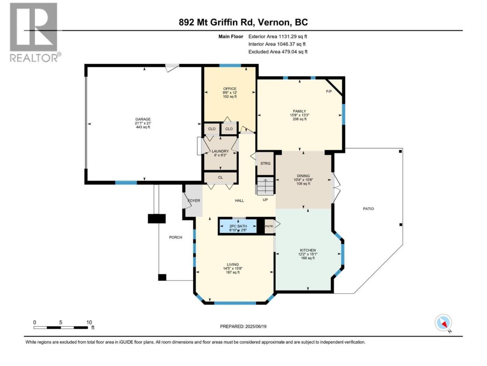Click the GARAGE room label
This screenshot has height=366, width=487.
point(143,119)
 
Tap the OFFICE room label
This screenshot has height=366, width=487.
point(230,89)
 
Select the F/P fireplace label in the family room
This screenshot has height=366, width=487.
point(329,91)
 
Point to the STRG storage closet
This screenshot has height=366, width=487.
point(265,164)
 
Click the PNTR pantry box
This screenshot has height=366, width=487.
point(269,226)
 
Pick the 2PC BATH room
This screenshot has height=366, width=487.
point(238,226)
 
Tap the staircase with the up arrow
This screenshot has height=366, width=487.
point(265,186)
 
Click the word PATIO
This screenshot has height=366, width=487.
point(368,209)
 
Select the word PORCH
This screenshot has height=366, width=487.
point(175,238)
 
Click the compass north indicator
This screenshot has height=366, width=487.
point(443,323)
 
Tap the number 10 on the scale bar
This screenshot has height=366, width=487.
point(89,323)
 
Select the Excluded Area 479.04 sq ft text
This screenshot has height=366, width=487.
point(278,52)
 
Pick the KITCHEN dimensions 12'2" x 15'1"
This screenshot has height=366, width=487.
point(308,254)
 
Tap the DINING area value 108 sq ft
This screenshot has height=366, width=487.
point(303,184)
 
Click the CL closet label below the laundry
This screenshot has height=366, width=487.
point(220,178)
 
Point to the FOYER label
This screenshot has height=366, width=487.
point(194,201)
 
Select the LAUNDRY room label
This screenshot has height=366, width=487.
point(220,151)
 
